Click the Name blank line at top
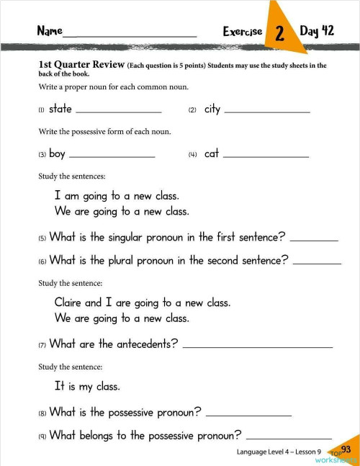point(130,35)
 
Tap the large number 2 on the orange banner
point(279,33)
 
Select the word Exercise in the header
point(242,32)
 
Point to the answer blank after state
point(118,112)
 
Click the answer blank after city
point(267,112)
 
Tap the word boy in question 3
point(57,153)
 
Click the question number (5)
point(42,238)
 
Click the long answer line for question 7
point(258,347)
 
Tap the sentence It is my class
point(86,386)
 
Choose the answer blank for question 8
point(248,416)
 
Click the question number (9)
point(42,436)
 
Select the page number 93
point(346,450)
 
